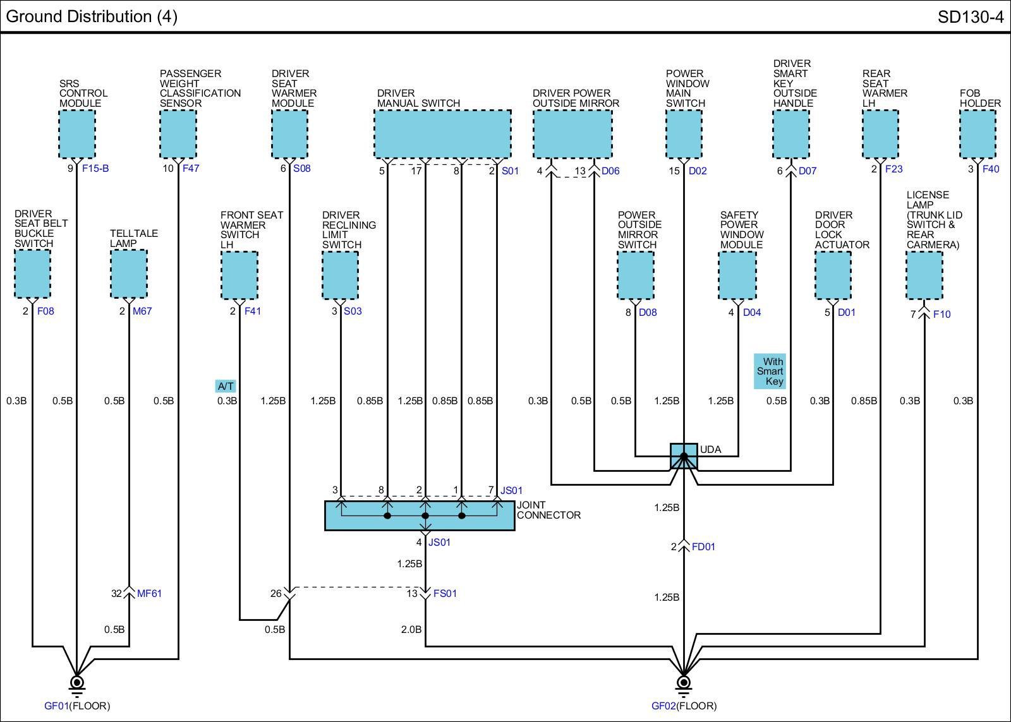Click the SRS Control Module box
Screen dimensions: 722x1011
tap(77, 134)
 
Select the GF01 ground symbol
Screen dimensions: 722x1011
tap(77, 683)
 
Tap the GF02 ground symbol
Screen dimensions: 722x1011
tap(683, 683)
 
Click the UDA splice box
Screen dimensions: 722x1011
tap(684, 456)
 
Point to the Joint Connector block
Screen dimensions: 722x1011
tap(420, 515)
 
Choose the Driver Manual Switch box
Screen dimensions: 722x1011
tap(442, 134)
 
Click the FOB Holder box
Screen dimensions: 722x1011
tap(978, 134)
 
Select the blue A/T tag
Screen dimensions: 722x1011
tap(226, 386)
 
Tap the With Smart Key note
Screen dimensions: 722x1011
tap(770, 371)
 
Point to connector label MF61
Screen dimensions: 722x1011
tap(150, 593)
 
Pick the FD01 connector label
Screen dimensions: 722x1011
tap(703, 546)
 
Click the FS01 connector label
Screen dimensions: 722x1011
tap(445, 593)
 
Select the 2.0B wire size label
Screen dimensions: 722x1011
tap(411, 629)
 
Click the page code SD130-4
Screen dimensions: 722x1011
tap(970, 17)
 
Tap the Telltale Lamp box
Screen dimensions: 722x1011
tap(129, 274)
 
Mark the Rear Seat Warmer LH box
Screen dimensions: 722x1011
tap(880, 134)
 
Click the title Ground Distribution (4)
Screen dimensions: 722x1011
tap(92, 16)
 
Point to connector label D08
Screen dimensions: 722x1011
tap(648, 312)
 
